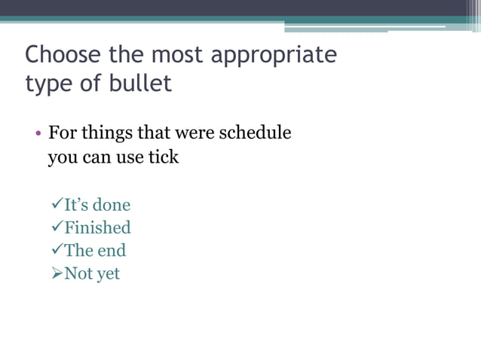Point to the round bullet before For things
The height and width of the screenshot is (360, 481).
38,135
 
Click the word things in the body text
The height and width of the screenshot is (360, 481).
106,134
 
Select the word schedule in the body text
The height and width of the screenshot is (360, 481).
254,133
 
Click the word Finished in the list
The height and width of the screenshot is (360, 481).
97,227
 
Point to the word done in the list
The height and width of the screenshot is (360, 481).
112,205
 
